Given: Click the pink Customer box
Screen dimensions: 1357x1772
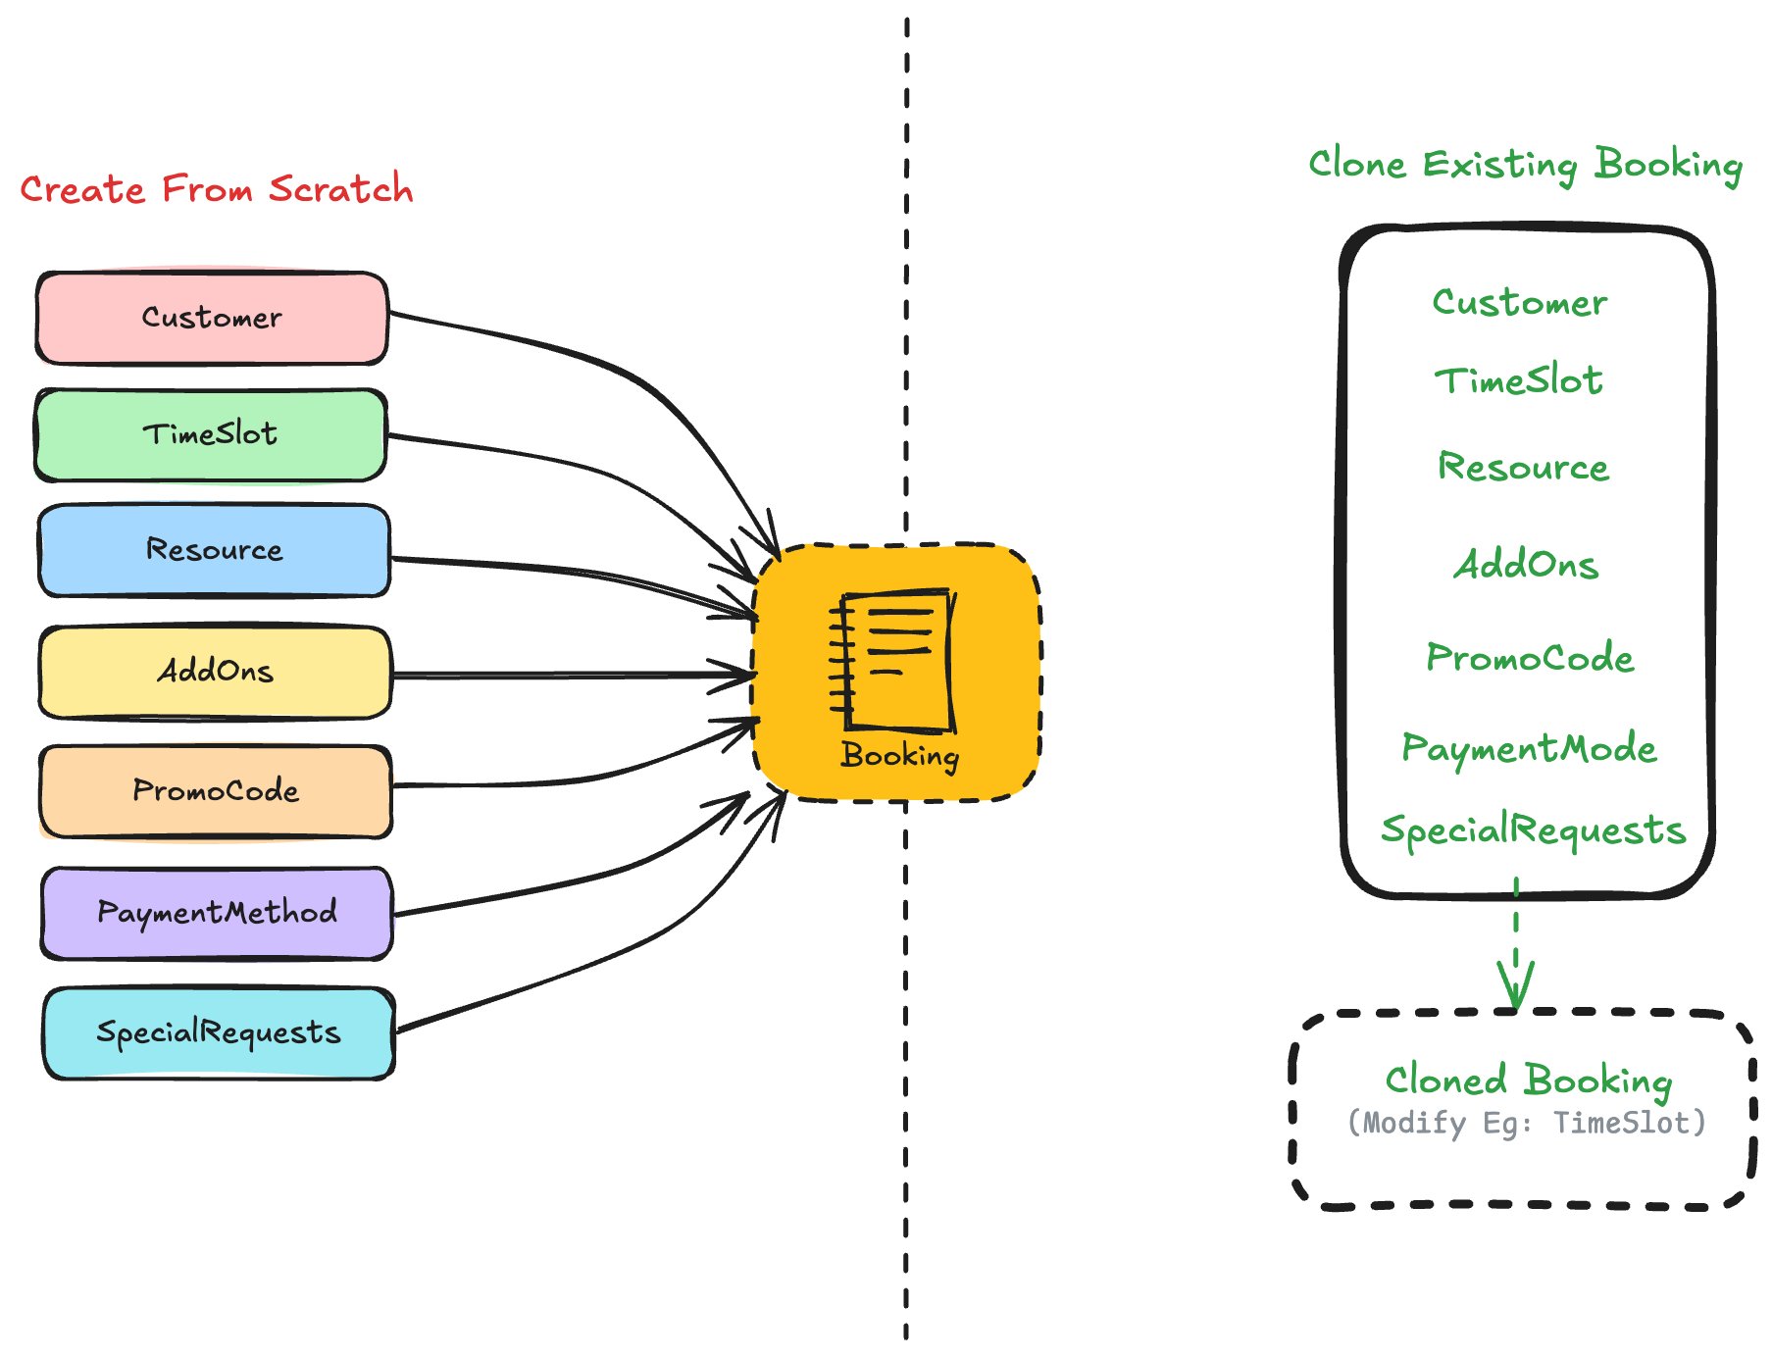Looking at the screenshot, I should click(212, 318).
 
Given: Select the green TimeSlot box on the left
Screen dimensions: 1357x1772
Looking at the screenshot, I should click(210, 434).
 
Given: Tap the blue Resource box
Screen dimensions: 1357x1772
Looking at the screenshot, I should click(214, 550).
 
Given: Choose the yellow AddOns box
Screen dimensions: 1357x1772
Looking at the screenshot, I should click(215, 672).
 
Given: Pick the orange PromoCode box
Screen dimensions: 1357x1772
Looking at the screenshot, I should click(216, 790).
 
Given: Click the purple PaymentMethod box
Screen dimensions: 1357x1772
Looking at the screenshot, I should click(217, 913).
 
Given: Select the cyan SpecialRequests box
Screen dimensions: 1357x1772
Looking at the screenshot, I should click(218, 1032).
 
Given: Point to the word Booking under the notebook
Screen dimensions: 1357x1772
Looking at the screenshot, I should click(899, 755).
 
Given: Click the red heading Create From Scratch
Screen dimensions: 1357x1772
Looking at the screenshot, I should click(217, 189).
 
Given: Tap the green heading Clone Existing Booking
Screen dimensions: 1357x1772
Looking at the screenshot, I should click(1525, 165).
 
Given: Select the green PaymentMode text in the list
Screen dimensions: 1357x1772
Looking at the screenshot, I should click(1528, 749).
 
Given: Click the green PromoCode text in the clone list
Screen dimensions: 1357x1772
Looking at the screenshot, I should click(1530, 658).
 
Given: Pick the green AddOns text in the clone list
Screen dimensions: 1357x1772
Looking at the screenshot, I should click(1526, 565).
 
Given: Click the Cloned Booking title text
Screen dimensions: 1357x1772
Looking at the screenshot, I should click(1528, 1081).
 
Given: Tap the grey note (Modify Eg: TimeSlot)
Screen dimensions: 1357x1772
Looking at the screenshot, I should click(1527, 1123).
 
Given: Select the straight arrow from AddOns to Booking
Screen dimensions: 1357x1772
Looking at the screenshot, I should click(569, 675).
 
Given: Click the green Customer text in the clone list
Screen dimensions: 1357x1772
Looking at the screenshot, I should click(1520, 303).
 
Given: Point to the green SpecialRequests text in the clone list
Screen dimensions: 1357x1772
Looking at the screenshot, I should click(1533, 830).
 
